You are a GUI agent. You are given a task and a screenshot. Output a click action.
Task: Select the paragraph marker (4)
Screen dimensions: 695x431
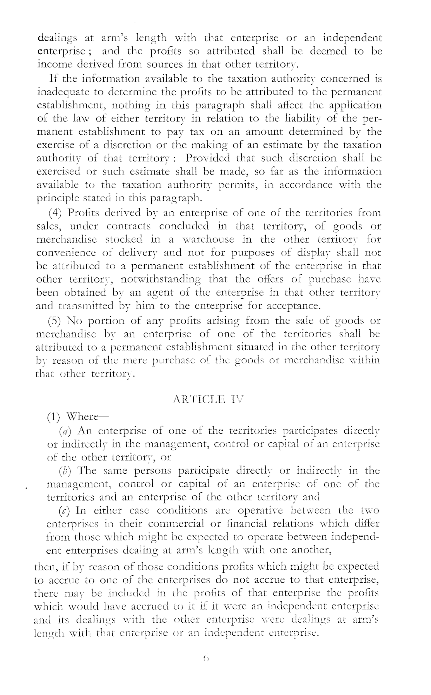[x=56, y=213]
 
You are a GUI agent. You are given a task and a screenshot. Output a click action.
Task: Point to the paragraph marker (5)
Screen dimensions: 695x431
[x=56, y=321]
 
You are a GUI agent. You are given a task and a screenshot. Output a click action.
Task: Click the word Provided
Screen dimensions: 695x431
[x=207, y=158]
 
